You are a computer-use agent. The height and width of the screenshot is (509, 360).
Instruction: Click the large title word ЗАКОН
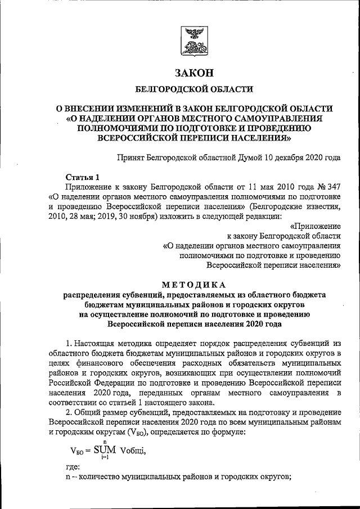pos(194,73)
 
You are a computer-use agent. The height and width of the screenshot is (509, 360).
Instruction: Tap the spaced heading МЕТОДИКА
pos(194,283)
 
